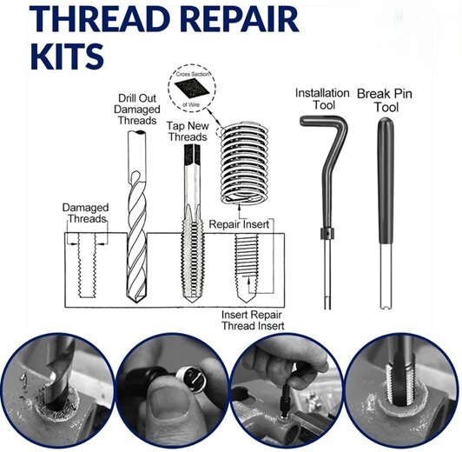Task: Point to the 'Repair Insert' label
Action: click(x=237, y=223)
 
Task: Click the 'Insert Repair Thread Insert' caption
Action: click(x=254, y=319)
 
